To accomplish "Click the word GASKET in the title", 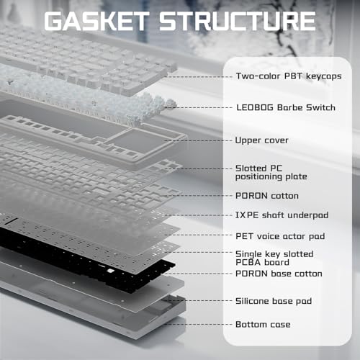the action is click(x=96, y=21).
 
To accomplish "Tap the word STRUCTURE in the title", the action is click(x=237, y=21).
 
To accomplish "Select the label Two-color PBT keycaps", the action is click(x=289, y=76).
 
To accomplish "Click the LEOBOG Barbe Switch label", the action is click(x=286, y=107).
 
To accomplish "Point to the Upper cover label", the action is click(x=261, y=140).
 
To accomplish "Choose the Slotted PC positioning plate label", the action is click(x=271, y=173).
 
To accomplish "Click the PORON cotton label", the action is click(x=267, y=196).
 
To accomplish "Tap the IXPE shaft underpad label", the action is click(x=282, y=215).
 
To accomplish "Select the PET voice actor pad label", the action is click(x=280, y=236).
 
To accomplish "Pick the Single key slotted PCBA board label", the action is click(x=274, y=258).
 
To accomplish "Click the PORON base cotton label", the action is click(x=279, y=274).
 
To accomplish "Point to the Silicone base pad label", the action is click(x=274, y=301).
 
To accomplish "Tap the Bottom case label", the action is click(x=263, y=325).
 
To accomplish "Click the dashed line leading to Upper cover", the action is click(x=199, y=140).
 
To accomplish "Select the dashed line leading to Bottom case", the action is click(x=199, y=325).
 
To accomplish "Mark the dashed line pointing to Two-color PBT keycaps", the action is click(x=199, y=77).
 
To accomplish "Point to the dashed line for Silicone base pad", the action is click(x=199, y=301).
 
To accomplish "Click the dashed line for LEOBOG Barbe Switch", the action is click(x=199, y=107).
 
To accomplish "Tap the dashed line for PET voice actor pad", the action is click(x=199, y=235).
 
